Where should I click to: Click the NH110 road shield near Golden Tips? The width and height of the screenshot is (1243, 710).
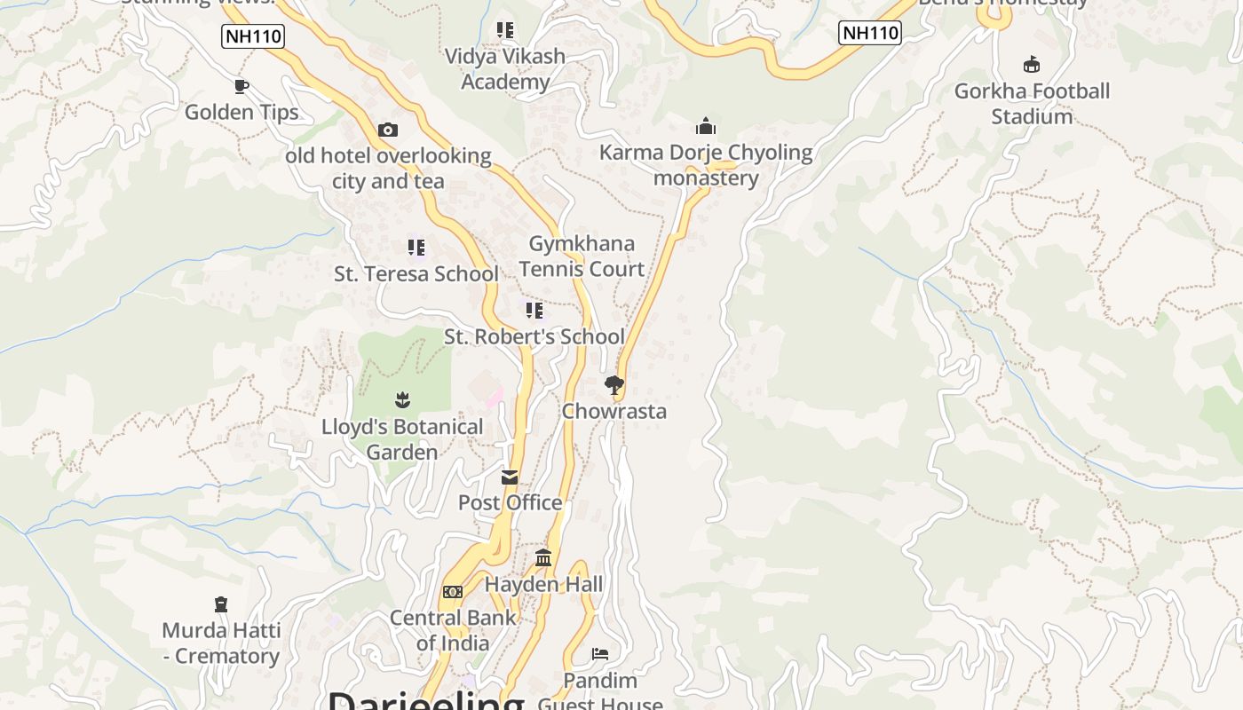coord(252,36)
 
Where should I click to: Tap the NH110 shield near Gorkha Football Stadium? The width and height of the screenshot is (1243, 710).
coord(870,33)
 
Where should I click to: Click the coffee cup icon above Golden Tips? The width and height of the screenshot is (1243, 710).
coord(241,86)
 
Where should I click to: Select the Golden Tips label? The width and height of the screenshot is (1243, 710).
coord(241,112)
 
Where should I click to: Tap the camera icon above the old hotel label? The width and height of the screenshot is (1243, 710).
coord(387,130)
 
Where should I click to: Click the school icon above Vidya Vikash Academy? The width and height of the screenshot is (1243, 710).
coord(505,31)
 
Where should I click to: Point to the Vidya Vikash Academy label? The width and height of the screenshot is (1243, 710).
coord(505,69)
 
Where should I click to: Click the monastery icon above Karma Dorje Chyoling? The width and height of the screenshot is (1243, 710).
coord(706,126)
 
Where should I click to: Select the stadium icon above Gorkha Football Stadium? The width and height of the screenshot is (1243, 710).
coord(1032,64)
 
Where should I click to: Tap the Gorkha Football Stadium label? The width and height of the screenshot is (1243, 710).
coord(1032,104)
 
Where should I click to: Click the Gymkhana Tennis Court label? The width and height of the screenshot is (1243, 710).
coord(582,256)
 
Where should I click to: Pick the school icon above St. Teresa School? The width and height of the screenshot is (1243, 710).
coord(416,248)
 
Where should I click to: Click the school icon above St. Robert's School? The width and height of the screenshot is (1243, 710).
coord(534,311)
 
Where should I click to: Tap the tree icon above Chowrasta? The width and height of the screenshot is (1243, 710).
coord(614,385)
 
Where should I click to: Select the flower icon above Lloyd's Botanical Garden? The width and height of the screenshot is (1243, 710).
coord(402,400)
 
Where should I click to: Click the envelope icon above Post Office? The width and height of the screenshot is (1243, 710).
coord(510,477)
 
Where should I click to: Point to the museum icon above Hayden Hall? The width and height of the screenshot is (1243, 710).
coord(543,558)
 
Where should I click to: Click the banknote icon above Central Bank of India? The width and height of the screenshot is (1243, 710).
coord(453,592)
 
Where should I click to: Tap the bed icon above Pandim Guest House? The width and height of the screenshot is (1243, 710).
coord(600,654)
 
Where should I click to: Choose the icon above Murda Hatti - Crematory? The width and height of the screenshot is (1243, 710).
coord(221,604)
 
